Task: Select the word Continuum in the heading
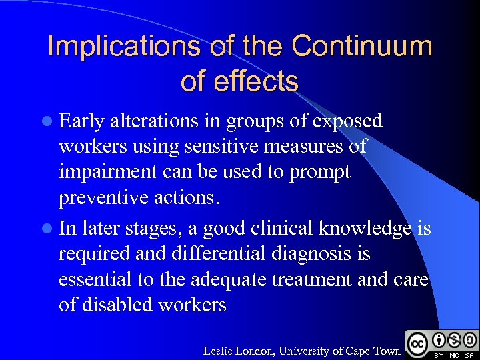pos(361,47)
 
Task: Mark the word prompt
pos(319,171)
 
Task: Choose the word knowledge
pos(367,229)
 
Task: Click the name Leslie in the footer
pos(219,351)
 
